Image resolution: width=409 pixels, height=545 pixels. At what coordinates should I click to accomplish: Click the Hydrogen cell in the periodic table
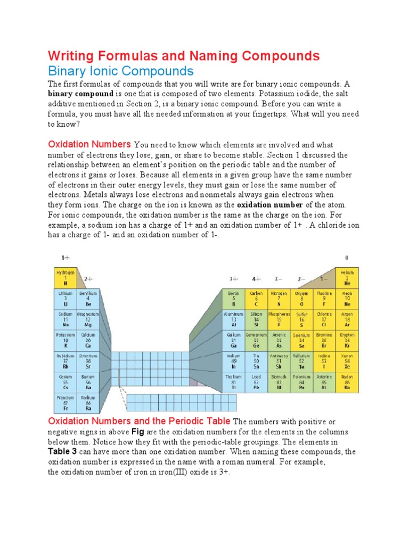(66, 277)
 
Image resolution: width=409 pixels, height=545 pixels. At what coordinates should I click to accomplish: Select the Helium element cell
(348, 277)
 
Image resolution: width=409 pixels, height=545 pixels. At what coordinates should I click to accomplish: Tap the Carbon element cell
(257, 299)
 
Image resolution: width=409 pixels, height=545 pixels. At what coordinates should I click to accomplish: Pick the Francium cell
(66, 403)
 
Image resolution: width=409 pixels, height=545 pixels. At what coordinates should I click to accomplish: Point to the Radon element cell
(348, 382)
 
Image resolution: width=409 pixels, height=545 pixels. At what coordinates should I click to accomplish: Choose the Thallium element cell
(233, 382)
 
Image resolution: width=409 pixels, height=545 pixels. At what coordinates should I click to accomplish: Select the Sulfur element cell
(302, 319)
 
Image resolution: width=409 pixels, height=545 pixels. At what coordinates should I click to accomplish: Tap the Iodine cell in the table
(324, 361)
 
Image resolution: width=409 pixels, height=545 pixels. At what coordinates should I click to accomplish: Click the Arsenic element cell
(279, 340)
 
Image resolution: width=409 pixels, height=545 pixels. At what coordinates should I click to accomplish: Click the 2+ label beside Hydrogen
(88, 278)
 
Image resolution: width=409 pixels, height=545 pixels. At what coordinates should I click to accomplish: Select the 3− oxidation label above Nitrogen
(279, 278)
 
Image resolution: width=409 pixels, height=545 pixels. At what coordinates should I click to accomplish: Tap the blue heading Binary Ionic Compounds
(121, 71)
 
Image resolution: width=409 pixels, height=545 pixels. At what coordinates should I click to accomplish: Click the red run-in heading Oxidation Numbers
(89, 144)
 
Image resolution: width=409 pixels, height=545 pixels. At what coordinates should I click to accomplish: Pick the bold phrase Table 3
(63, 451)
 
